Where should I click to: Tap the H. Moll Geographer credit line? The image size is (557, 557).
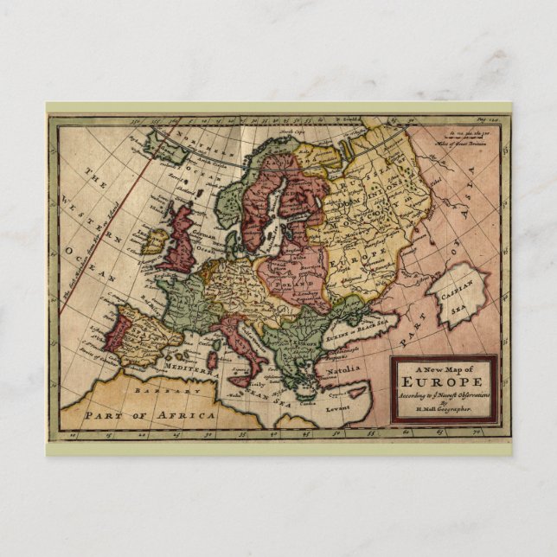pos(443,409)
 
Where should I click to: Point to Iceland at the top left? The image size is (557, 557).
pos(169,145)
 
